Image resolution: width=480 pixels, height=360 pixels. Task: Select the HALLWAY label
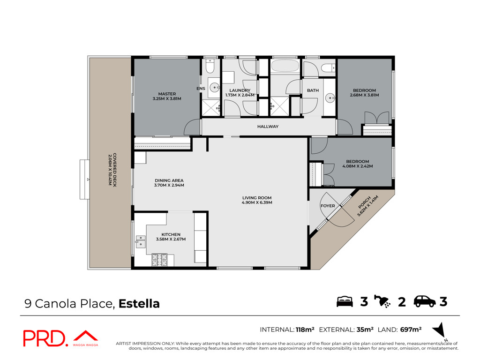point(268,127)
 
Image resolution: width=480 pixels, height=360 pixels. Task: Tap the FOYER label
point(328,206)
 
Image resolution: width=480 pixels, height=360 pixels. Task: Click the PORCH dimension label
point(367,206)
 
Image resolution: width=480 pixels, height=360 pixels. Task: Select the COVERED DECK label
point(112,170)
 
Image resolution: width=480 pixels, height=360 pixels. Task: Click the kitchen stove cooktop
point(159,260)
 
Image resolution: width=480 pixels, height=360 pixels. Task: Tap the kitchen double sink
point(141,241)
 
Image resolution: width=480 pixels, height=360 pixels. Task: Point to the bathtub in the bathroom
point(285,66)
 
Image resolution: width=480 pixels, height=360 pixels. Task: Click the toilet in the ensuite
point(210,67)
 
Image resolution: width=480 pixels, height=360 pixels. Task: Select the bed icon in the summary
point(345,301)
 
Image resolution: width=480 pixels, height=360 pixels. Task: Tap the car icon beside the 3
point(425,301)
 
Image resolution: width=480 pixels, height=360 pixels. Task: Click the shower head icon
point(382,301)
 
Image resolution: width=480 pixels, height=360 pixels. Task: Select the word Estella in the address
point(139,304)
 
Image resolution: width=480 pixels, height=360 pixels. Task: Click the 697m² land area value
point(411,330)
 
